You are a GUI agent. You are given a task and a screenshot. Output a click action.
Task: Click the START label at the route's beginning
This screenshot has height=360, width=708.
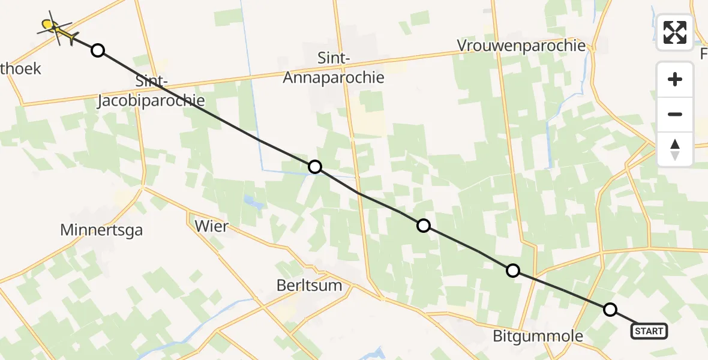(x=649, y=331)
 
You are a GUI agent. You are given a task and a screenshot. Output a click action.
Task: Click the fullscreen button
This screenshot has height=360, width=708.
(x=675, y=32)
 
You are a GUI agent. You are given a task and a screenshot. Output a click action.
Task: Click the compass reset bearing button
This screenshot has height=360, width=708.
(x=675, y=149)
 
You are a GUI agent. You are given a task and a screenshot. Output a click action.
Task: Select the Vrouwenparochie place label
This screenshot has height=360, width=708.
(x=521, y=46)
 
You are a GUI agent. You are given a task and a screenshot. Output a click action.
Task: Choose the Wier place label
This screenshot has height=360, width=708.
(x=212, y=226)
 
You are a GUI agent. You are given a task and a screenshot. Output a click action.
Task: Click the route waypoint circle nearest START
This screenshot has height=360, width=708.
(x=610, y=310)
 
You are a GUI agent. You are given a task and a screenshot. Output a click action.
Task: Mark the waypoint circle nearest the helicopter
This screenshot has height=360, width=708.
(x=98, y=50)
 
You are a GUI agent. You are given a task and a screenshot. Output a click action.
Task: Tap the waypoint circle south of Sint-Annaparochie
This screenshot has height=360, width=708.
(x=315, y=167)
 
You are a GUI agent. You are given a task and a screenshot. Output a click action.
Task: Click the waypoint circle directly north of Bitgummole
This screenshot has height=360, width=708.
(x=513, y=271)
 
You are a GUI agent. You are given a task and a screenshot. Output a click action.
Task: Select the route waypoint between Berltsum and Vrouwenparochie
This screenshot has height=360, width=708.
(x=424, y=226)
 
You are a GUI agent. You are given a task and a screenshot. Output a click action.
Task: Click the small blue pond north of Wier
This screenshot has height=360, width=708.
(x=252, y=202)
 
